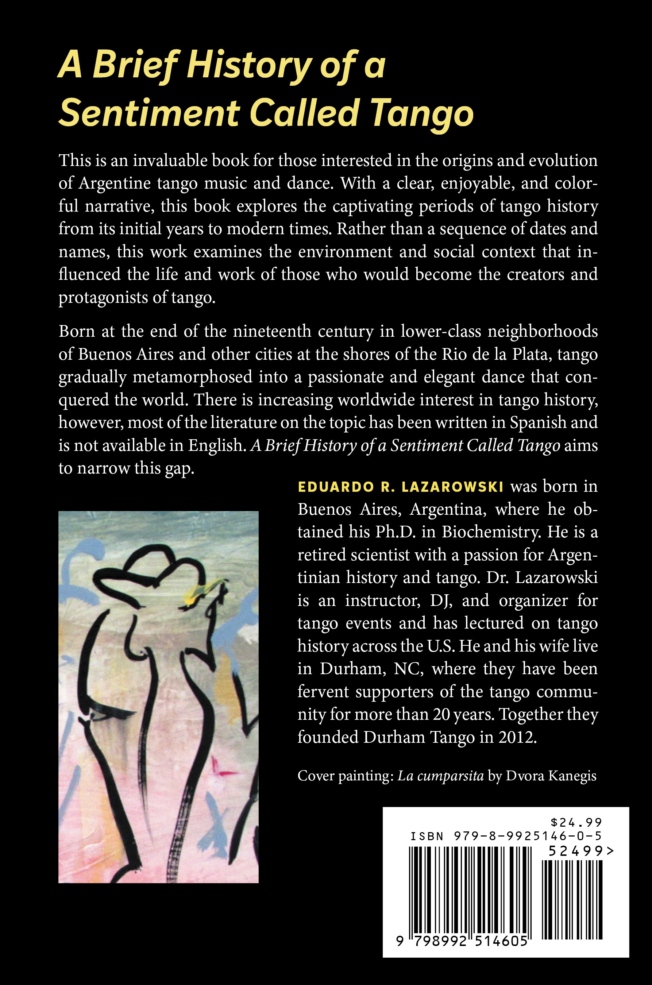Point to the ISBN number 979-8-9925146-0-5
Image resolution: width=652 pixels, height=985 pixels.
pyautogui.click(x=525, y=836)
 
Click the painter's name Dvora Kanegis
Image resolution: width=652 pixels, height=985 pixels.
pyautogui.click(x=551, y=776)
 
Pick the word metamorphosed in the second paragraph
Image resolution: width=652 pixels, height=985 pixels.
pyautogui.click(x=193, y=377)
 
